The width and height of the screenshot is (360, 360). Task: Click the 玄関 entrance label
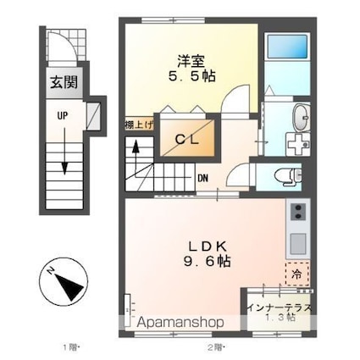(x=64, y=82)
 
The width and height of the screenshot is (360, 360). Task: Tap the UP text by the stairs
(x=63, y=115)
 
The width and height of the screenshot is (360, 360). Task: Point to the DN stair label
(x=202, y=178)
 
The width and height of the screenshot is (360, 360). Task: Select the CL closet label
(x=186, y=139)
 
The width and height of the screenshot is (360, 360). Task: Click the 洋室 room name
(x=191, y=61)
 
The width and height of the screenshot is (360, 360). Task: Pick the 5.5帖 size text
(x=192, y=75)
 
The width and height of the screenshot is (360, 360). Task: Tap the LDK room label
(x=208, y=247)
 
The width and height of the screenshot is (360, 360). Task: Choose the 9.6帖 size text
(x=207, y=261)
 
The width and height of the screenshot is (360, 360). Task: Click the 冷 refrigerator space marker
(x=296, y=274)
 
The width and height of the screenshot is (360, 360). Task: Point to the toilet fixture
(x=288, y=175)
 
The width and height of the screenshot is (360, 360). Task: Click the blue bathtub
(x=287, y=46)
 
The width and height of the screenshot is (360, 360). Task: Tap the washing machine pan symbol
(x=298, y=144)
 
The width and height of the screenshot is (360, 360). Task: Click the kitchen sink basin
(x=297, y=244)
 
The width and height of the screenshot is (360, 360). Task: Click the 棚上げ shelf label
(x=139, y=125)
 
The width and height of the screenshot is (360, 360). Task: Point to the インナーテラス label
(x=279, y=307)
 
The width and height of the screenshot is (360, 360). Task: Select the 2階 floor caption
(x=216, y=346)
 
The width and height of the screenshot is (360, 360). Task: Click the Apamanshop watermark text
(x=180, y=322)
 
